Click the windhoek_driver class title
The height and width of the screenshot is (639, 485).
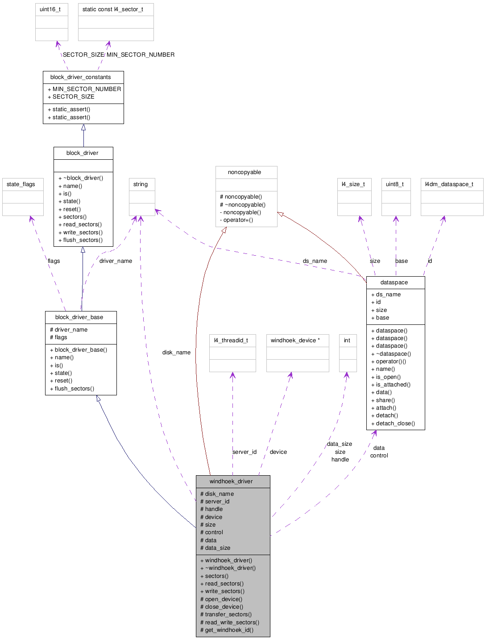(x=231, y=481)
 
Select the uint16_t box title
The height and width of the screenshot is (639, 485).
(x=50, y=9)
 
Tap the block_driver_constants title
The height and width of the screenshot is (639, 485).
(x=81, y=77)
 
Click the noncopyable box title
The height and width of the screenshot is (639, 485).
(x=245, y=172)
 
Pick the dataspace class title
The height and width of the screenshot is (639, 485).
(x=394, y=282)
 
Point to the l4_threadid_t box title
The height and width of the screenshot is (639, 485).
(x=231, y=340)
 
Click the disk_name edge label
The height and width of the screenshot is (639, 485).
(x=176, y=353)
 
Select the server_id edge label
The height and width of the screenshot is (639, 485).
(x=245, y=452)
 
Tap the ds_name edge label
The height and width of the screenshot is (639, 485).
(x=315, y=261)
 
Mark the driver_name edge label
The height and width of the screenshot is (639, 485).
(x=116, y=261)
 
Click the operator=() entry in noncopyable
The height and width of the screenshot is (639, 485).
(x=238, y=220)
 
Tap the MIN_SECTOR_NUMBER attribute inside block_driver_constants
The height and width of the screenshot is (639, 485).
(x=87, y=89)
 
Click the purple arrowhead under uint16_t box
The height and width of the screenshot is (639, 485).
(x=58, y=44)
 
